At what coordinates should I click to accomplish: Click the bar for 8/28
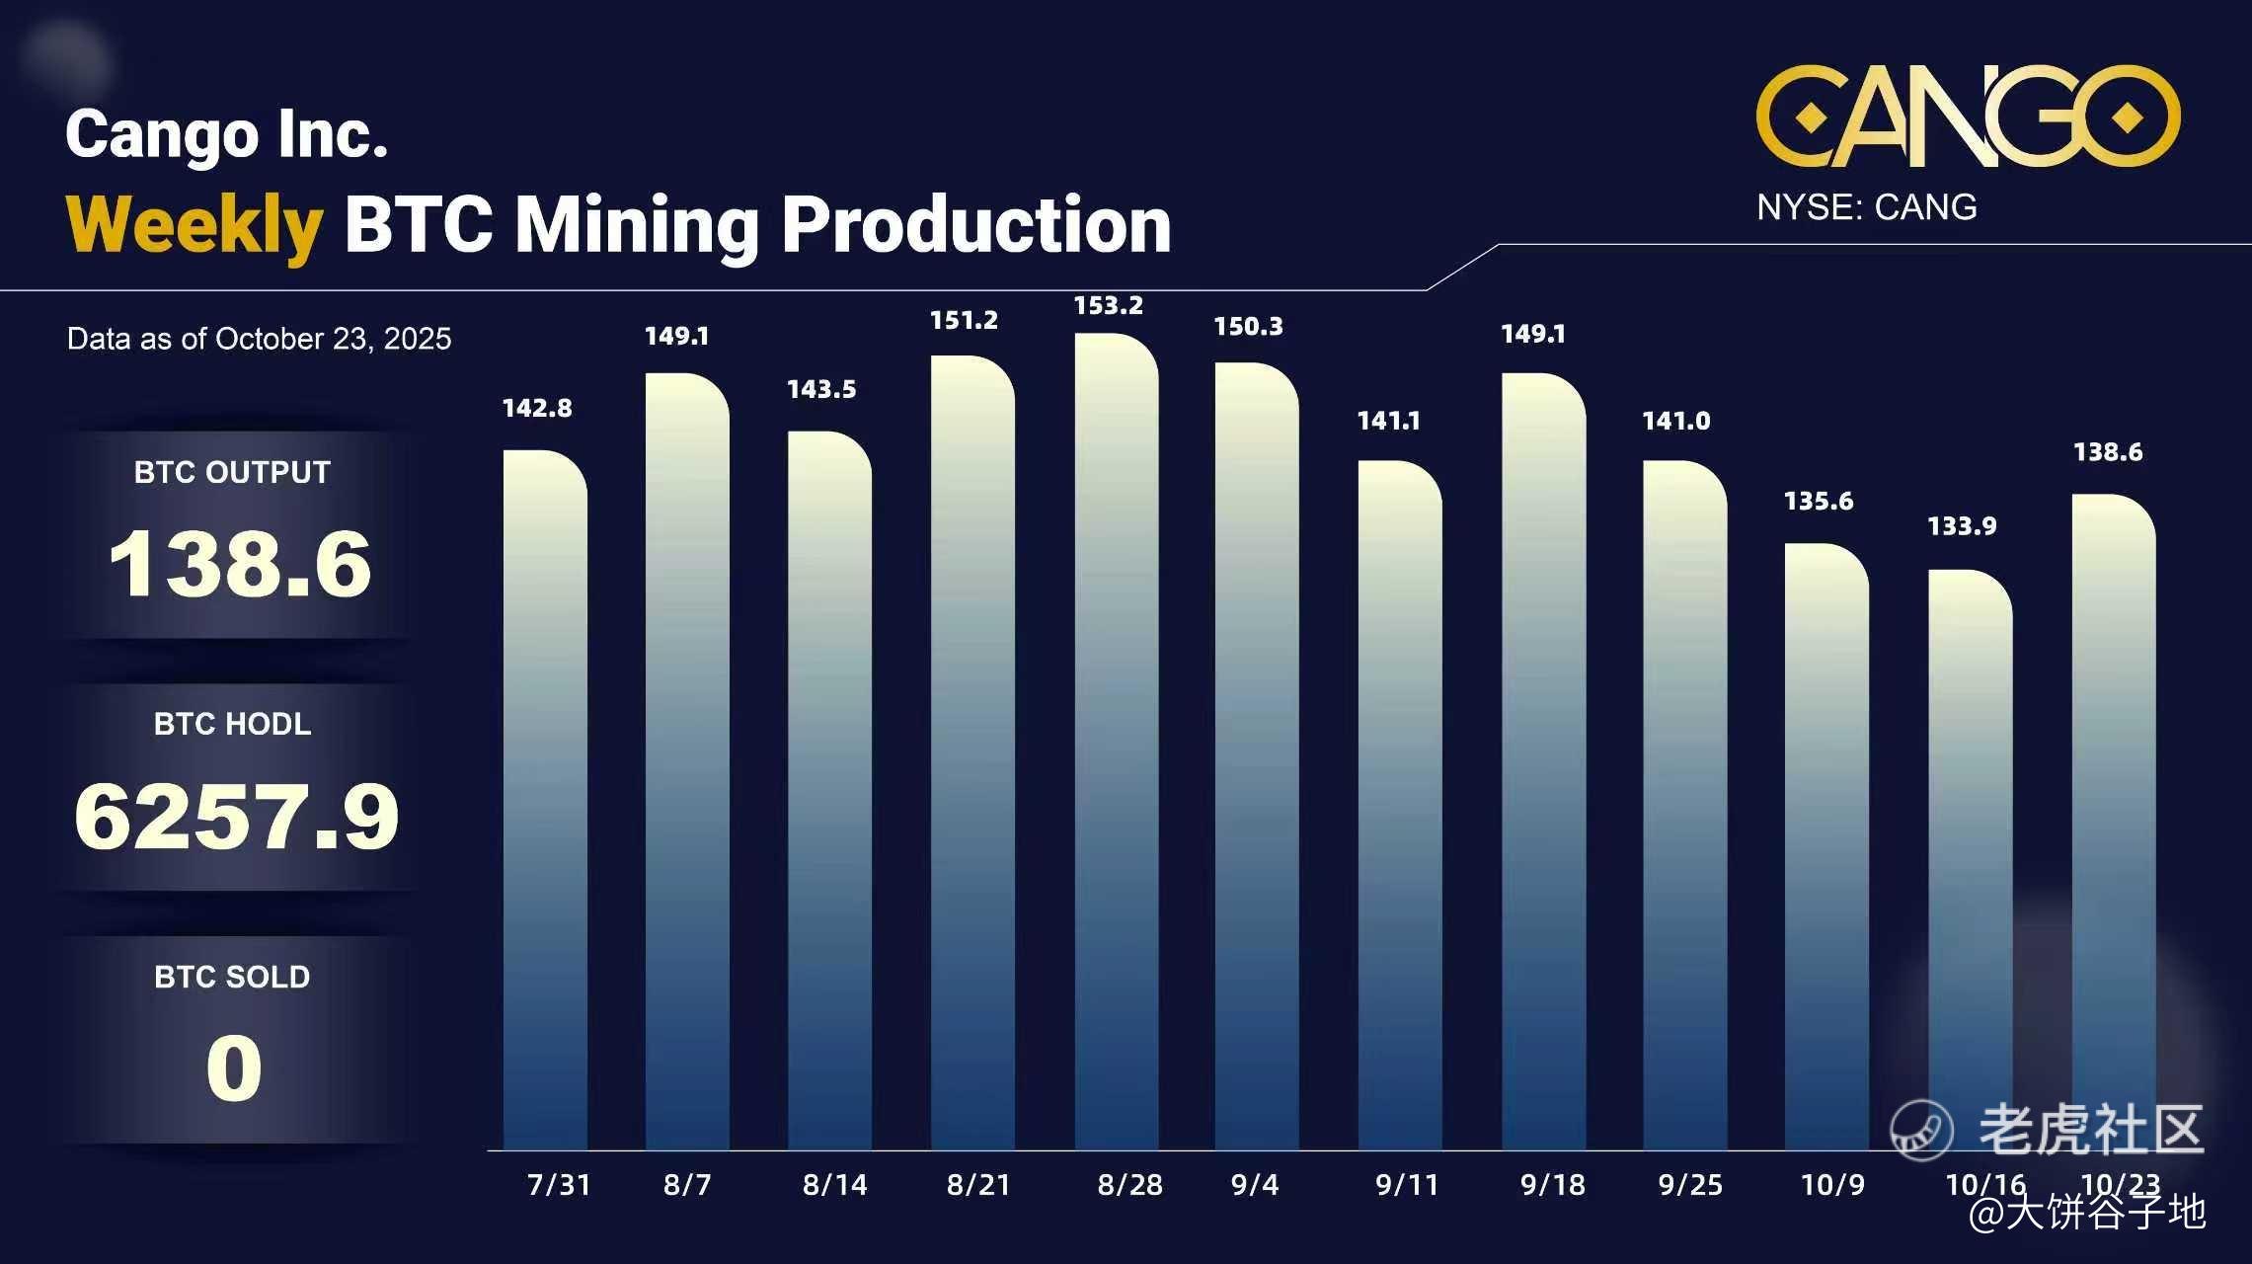click(1116, 741)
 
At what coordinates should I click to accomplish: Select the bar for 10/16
click(1970, 859)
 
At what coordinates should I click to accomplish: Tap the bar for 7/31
click(545, 800)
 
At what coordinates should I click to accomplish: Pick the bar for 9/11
click(1400, 805)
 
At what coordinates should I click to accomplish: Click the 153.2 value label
click(1108, 306)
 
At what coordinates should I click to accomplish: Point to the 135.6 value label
click(1818, 502)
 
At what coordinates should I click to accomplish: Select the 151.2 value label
click(964, 321)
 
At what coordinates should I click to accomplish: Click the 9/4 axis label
click(1254, 1184)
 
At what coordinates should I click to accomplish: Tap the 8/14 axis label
click(834, 1184)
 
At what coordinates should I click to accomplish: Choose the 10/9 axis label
click(1832, 1184)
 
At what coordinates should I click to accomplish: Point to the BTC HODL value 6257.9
click(237, 817)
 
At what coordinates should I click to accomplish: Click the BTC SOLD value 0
click(234, 1068)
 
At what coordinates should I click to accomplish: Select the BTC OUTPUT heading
click(232, 472)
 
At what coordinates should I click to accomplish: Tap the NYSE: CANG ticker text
click(1866, 207)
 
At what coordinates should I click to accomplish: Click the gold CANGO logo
click(1968, 117)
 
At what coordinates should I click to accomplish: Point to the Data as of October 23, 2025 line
click(259, 339)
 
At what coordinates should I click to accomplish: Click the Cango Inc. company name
click(226, 134)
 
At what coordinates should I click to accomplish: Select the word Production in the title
click(975, 225)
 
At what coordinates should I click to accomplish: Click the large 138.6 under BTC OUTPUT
click(240, 564)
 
